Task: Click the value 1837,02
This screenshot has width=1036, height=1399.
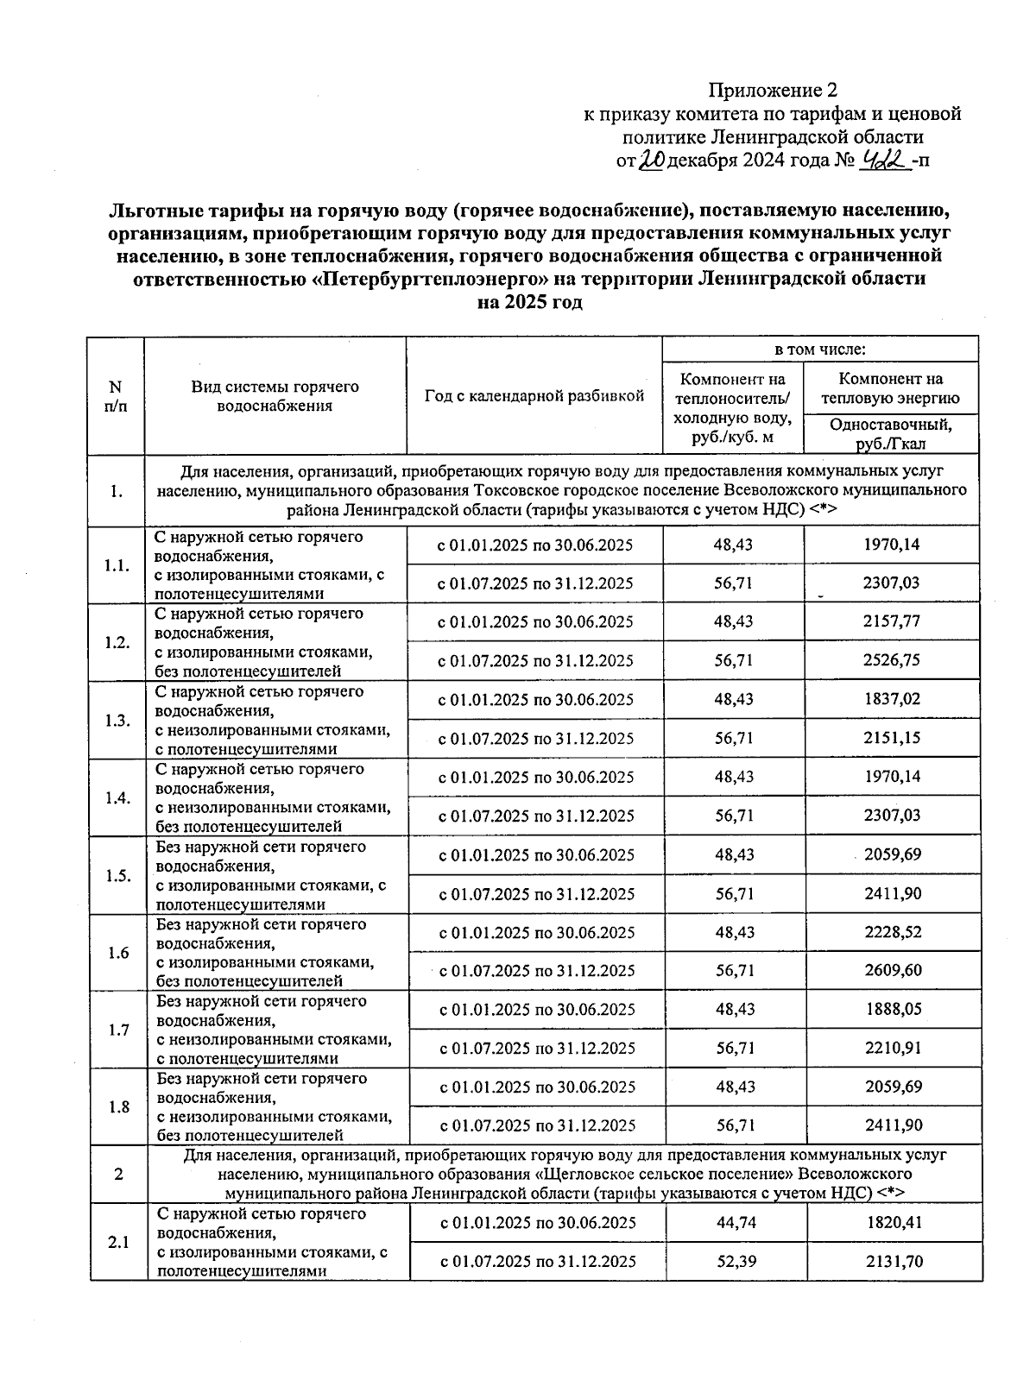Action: (x=892, y=699)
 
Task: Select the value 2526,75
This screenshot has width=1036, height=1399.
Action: (x=892, y=661)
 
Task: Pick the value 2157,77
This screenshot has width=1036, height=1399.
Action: (x=892, y=622)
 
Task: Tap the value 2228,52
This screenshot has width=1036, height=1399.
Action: (x=892, y=932)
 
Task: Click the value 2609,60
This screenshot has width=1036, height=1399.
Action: (x=892, y=971)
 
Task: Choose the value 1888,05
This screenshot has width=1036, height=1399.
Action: (x=892, y=1010)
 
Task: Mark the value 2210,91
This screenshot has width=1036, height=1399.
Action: (x=892, y=1049)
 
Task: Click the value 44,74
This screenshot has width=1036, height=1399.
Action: (x=735, y=1223)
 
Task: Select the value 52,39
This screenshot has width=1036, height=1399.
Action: (x=735, y=1262)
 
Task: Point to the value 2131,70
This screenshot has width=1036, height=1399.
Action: (x=894, y=1262)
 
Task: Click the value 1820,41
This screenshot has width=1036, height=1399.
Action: (x=894, y=1223)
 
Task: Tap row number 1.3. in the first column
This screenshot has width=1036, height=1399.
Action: (x=117, y=721)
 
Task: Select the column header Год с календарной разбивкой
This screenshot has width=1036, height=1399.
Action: (x=534, y=396)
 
